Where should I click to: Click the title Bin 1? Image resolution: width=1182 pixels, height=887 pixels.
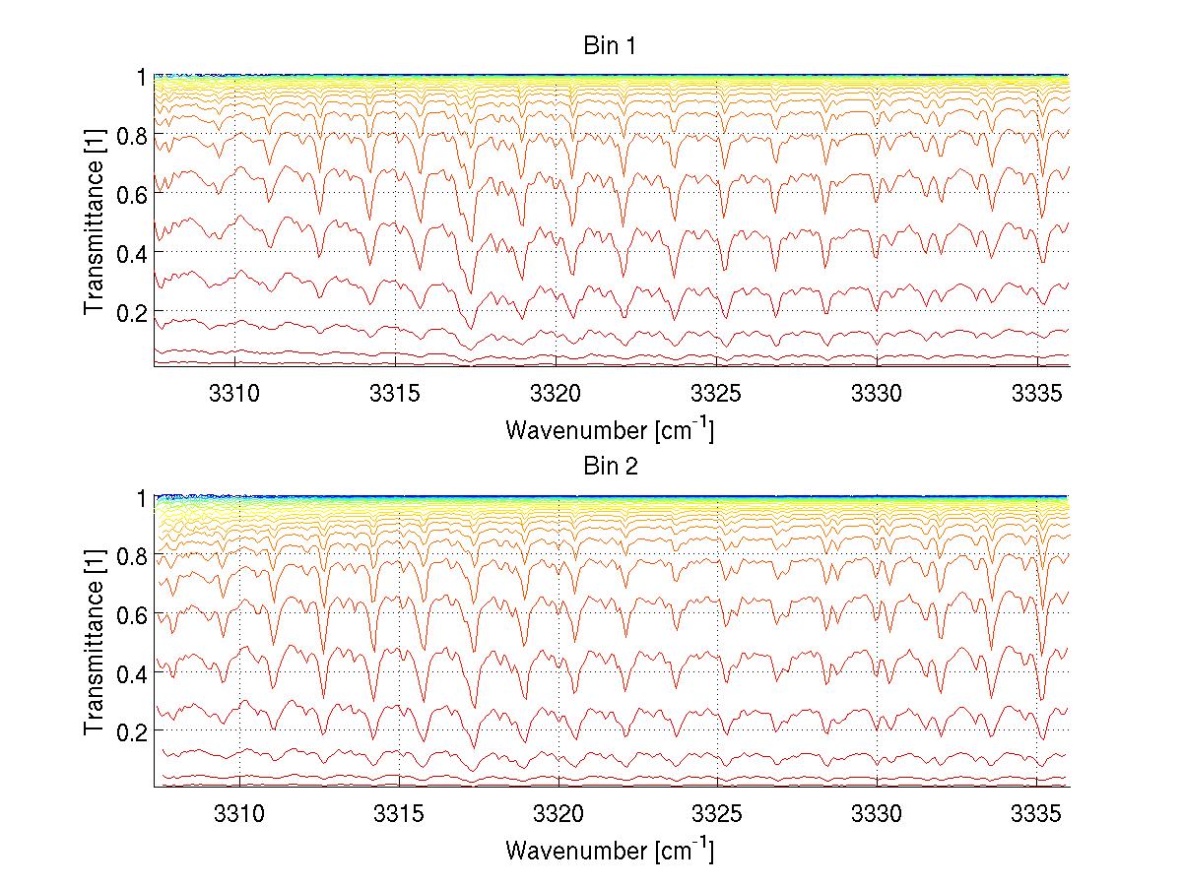611,45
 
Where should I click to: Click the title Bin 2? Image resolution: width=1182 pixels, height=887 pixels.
611,467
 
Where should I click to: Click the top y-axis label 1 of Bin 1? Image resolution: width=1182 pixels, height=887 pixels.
141,76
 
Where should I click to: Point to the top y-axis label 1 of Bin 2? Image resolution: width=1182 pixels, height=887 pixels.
141,498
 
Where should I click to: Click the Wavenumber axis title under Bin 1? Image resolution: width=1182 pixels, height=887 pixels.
610,429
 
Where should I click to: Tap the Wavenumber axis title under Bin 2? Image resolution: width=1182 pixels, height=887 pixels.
610,851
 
